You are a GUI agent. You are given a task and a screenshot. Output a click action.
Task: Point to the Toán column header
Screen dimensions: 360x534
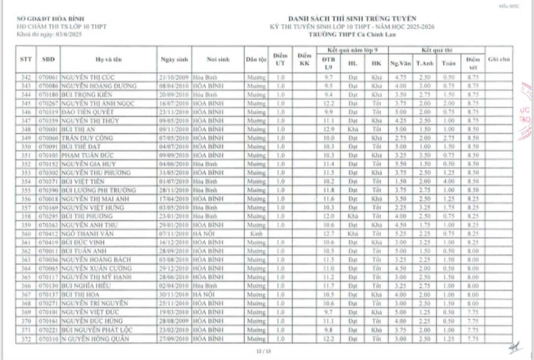tap(449, 63)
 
